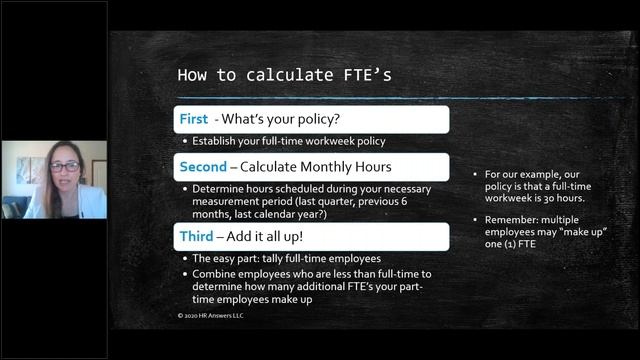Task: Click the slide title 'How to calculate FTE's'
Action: click(257, 75)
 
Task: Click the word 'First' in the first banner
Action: click(193, 119)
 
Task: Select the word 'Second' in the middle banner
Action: click(203, 166)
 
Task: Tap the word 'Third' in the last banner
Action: click(197, 236)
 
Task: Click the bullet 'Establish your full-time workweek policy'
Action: click(289, 141)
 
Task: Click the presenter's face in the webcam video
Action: click(61, 168)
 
